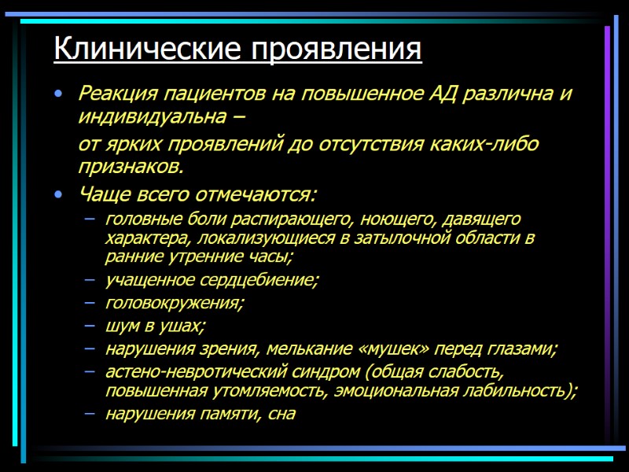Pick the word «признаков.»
(x=131, y=167)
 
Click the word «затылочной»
(x=410, y=237)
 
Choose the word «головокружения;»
(x=175, y=303)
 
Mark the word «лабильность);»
(x=519, y=390)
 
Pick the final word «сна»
(x=281, y=415)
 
